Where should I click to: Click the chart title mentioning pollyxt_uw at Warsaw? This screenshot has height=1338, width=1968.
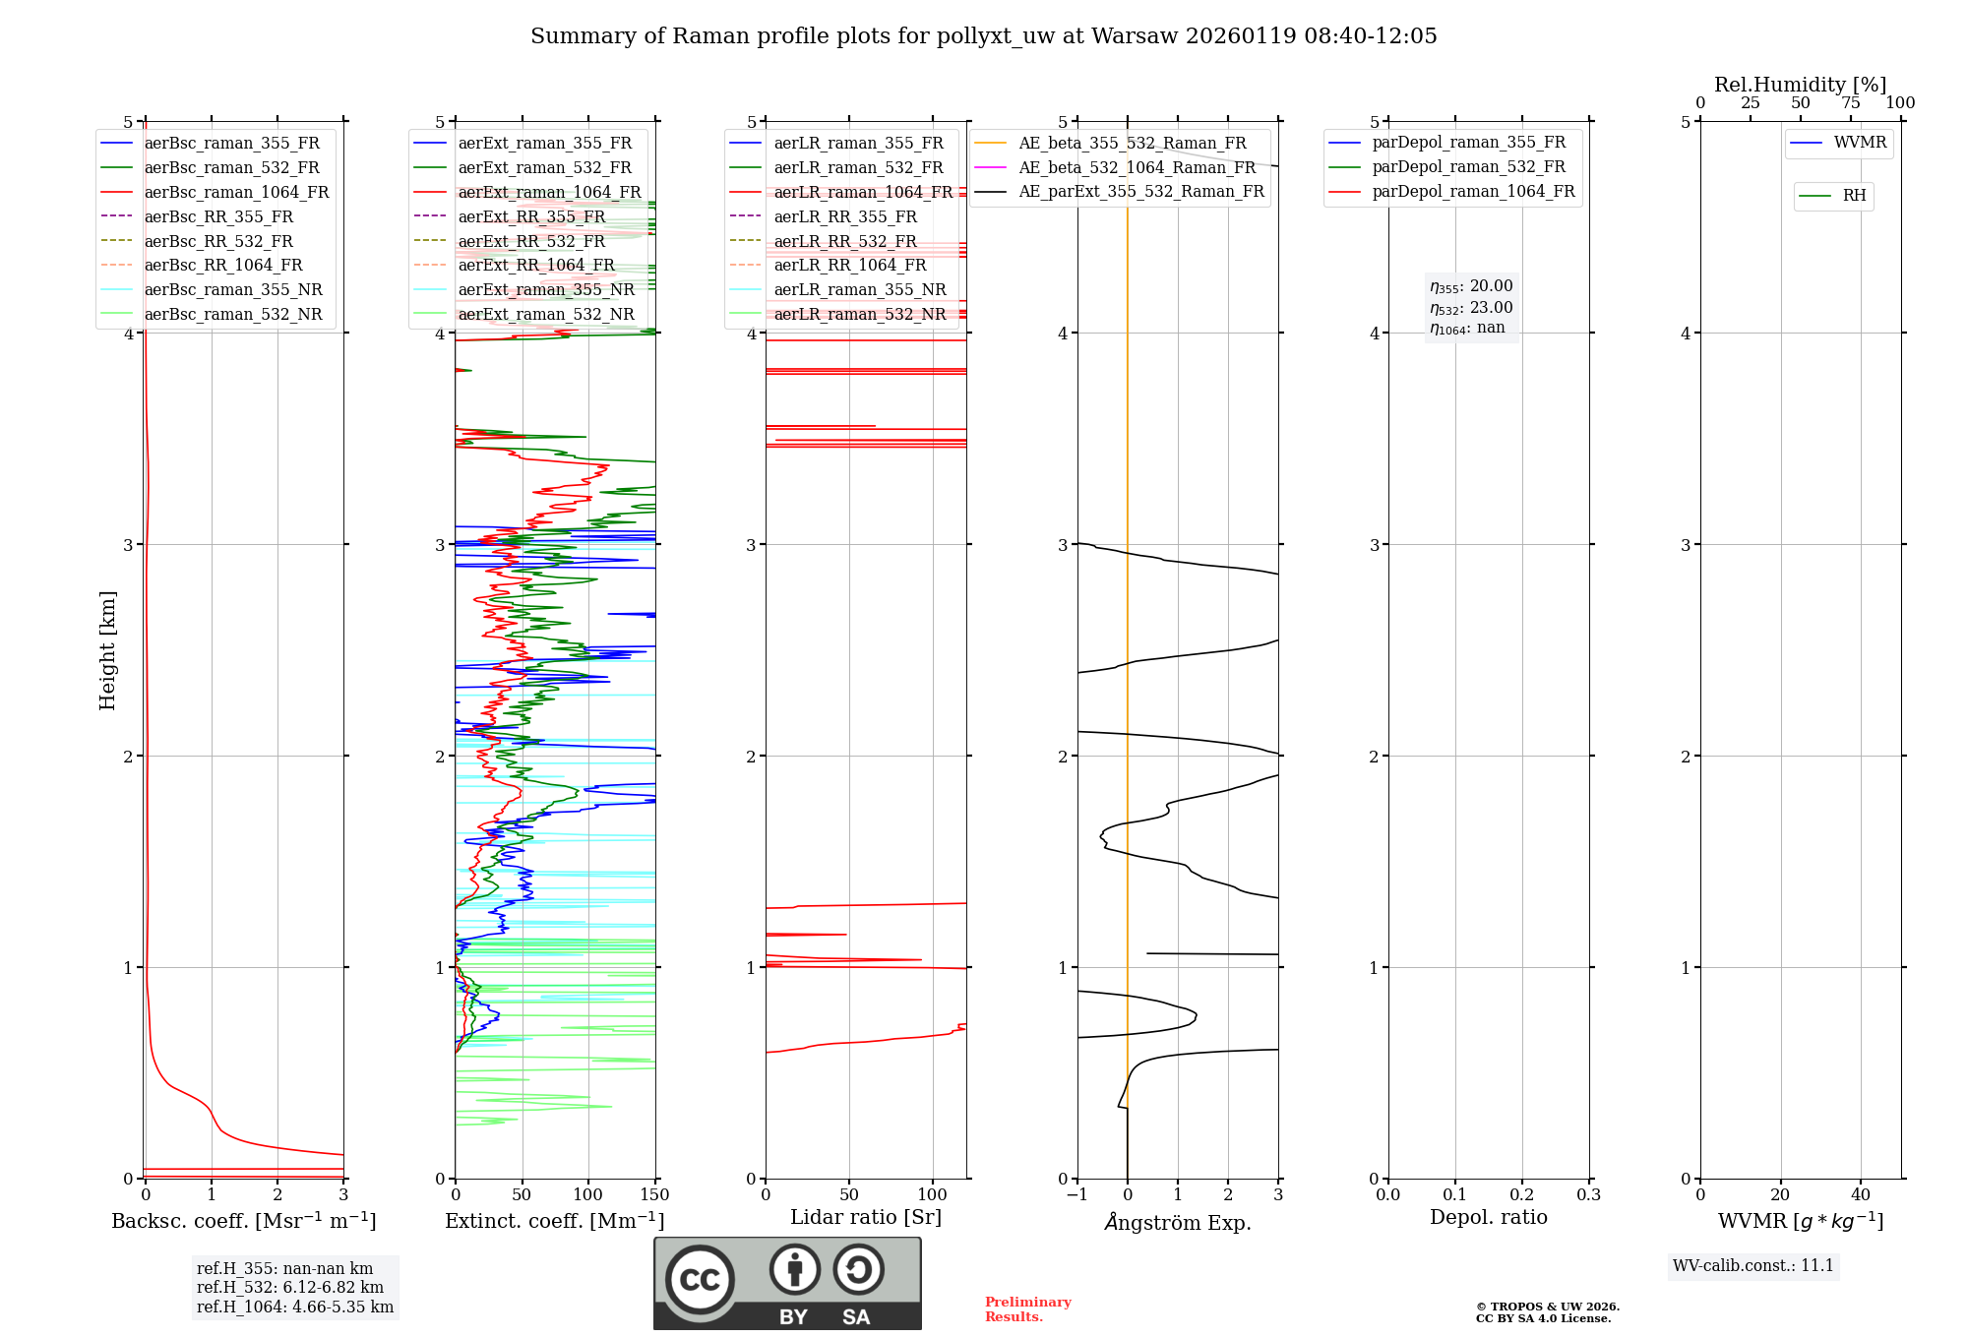click(x=984, y=36)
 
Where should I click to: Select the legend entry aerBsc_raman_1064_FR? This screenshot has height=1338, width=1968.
click(x=236, y=193)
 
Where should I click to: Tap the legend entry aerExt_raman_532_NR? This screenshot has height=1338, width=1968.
click(x=546, y=315)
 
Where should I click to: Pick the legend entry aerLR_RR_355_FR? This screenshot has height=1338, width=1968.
click(x=844, y=216)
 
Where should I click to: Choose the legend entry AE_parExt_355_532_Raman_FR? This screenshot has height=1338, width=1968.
click(x=1140, y=192)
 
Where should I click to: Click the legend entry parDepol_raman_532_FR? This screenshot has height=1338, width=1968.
click(x=1468, y=167)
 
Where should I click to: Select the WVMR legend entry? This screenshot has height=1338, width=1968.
click(x=1859, y=144)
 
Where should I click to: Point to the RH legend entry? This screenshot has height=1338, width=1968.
click(x=1854, y=196)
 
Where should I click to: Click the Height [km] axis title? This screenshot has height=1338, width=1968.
click(x=107, y=650)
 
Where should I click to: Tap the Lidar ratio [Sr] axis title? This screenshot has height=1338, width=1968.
click(x=866, y=1218)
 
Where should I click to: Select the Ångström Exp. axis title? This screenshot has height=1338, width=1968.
click(x=1178, y=1223)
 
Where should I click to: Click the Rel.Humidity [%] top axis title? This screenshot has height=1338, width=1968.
click(x=1800, y=85)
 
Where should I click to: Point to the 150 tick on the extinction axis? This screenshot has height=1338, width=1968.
click(x=655, y=1195)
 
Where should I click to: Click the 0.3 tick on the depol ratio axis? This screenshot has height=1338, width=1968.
click(x=1589, y=1195)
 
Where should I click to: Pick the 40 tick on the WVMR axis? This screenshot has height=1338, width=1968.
click(x=1861, y=1195)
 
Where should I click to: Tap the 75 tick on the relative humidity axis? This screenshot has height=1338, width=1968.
click(x=1851, y=103)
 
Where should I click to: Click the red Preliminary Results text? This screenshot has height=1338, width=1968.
click(x=1027, y=1309)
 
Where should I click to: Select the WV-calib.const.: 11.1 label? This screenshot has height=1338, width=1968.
click(x=1753, y=1266)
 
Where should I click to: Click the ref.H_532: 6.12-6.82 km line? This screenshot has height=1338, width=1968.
click(x=290, y=1288)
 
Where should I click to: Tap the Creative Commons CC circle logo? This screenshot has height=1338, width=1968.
click(x=700, y=1280)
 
